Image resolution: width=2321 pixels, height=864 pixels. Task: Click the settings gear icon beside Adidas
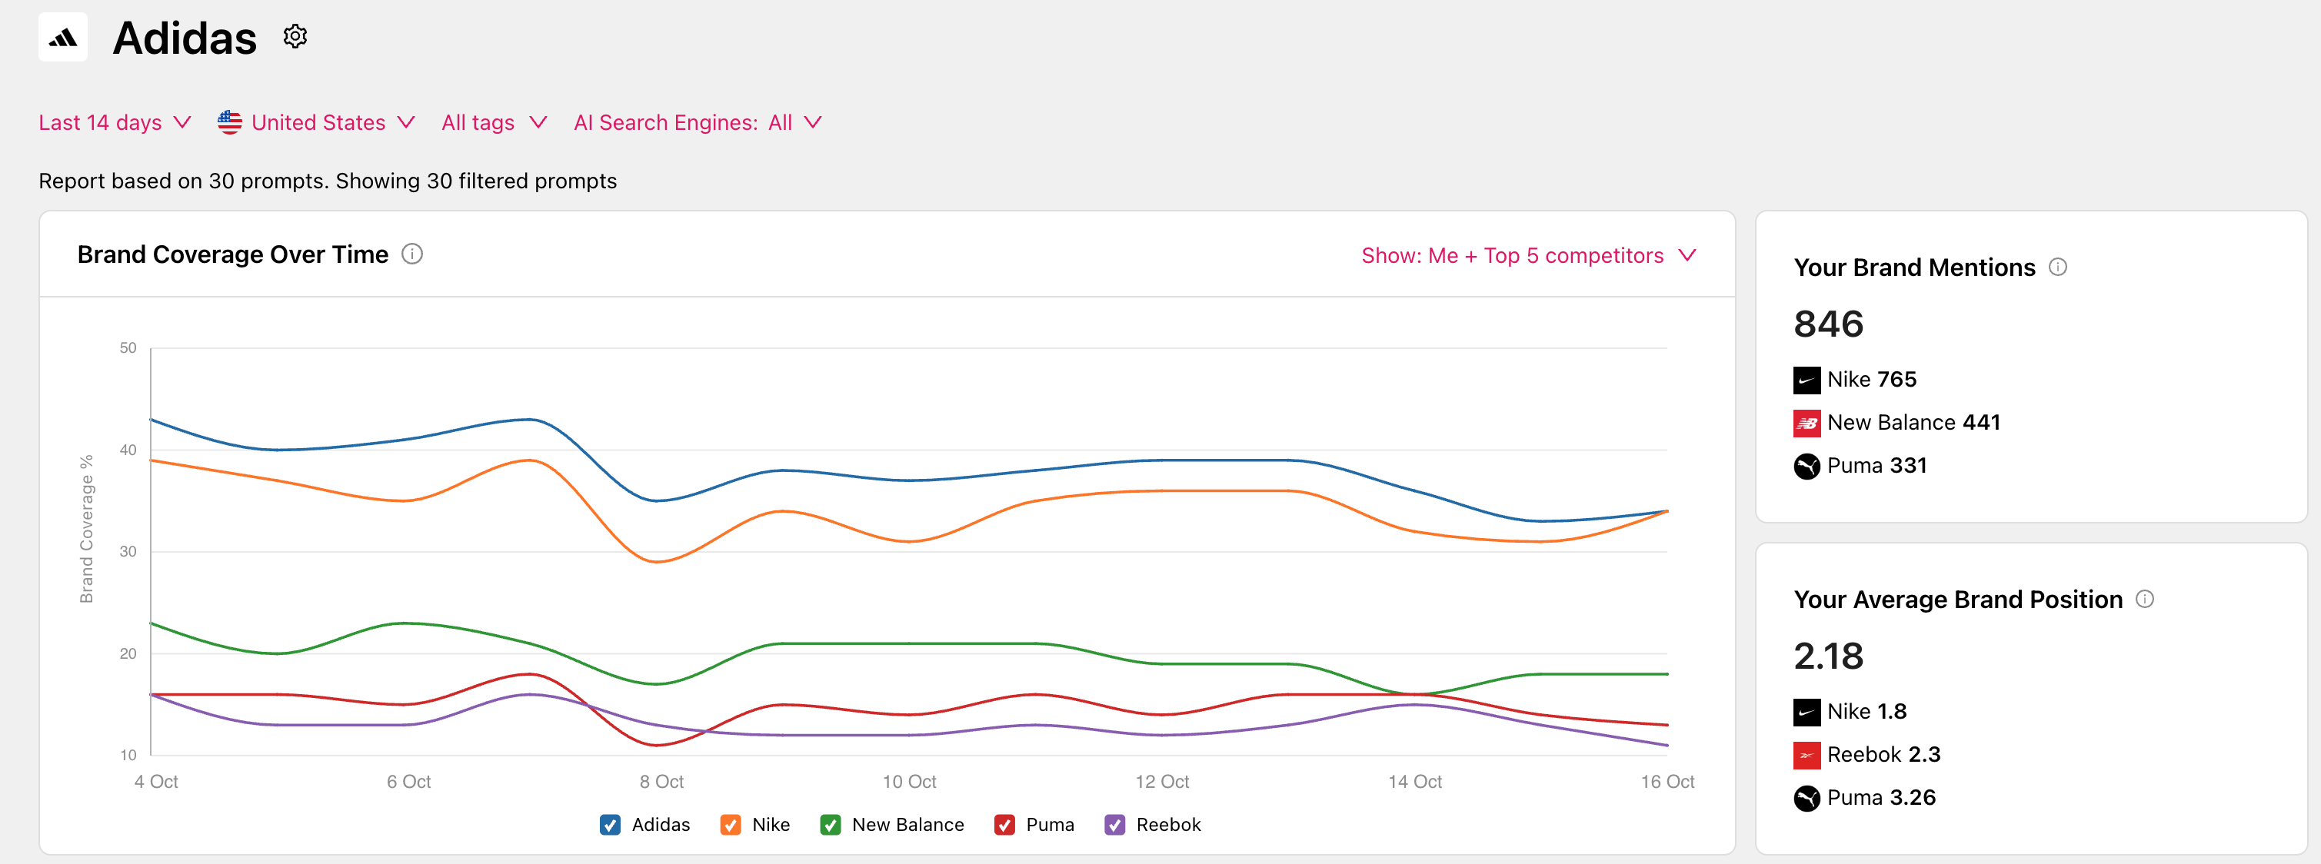[295, 37]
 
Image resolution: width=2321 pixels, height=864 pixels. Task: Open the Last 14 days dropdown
[115, 122]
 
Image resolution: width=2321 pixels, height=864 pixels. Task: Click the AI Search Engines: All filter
[698, 122]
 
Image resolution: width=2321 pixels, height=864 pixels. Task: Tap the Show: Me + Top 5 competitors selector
[1528, 256]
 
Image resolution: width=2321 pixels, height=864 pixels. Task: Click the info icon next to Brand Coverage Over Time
[411, 255]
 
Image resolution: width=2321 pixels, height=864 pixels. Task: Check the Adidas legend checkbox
[610, 824]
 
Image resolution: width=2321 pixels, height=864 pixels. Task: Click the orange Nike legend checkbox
[730, 824]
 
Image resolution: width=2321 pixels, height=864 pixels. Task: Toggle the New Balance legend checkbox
[830, 824]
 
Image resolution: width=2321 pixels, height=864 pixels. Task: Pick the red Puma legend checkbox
[1004, 824]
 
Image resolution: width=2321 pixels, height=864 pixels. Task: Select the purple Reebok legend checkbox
[1114, 824]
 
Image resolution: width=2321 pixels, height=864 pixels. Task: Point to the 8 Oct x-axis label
[661, 781]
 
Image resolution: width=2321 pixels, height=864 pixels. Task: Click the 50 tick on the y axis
[128, 347]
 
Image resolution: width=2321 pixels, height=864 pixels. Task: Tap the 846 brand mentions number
[1828, 324]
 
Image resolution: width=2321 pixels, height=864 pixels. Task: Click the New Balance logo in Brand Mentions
[1807, 423]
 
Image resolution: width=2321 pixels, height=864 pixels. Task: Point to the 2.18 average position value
[1828, 656]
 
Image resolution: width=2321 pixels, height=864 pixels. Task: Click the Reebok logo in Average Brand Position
[1807, 755]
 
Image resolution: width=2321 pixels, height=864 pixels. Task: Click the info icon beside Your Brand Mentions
[2058, 267]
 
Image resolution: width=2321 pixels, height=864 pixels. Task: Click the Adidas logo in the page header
[63, 37]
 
